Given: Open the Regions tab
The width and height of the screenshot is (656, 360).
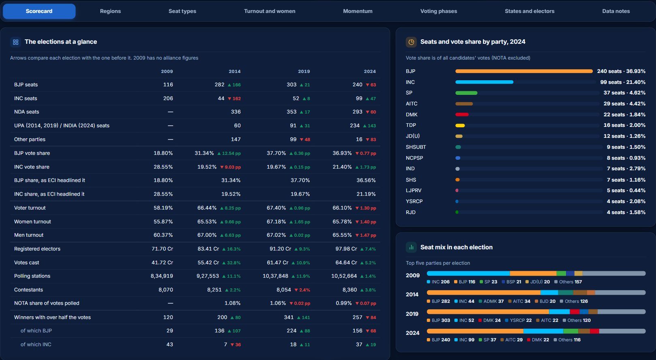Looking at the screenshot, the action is tap(110, 11).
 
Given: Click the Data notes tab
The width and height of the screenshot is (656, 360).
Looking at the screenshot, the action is tap(616, 11).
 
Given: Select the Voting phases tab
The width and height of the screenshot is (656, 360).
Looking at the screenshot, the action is tap(438, 11).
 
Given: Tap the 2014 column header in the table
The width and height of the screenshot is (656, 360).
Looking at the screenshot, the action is tap(235, 71).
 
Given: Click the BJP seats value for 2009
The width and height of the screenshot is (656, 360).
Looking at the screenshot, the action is tap(168, 85).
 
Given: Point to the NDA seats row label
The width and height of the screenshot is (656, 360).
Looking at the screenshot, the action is tap(27, 112).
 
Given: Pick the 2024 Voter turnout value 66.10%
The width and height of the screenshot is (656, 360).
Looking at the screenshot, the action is tap(342, 208).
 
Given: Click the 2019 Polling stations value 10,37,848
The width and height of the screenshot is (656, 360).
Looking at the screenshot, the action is tap(275, 276).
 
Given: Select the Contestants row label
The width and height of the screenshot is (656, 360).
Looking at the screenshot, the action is tap(28, 290).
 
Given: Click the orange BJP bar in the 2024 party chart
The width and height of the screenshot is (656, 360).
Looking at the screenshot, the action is tap(524, 71).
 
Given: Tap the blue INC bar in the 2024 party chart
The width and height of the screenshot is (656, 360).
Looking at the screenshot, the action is tap(484, 82).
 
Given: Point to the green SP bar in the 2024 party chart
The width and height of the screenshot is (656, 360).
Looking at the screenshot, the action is tap(466, 93).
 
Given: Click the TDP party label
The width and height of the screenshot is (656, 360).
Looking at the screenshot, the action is tap(411, 125).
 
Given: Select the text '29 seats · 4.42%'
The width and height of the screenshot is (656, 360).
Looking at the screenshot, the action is tap(624, 104).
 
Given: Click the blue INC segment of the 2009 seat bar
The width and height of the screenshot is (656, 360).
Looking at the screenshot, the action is tap(468, 273).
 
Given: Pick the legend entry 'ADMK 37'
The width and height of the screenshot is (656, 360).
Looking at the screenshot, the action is tap(491, 301).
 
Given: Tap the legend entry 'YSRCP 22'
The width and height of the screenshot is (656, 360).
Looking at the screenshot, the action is tap(518, 320).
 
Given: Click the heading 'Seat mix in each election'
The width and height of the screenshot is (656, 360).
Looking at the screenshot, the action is tap(456, 247).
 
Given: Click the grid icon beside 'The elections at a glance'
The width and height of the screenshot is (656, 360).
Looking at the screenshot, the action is tap(15, 42).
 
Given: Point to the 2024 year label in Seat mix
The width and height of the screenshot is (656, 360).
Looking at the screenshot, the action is tap(413, 333).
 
